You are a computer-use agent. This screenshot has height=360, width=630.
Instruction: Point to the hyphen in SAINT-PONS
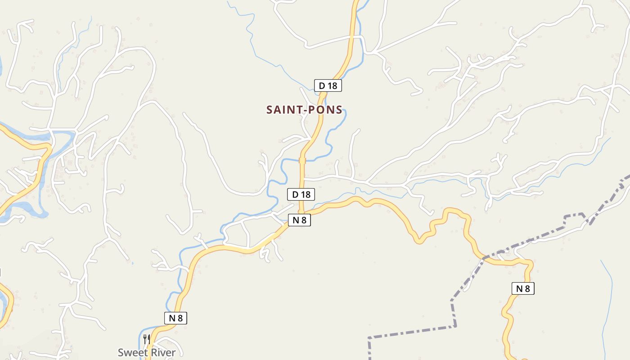pos(304,110)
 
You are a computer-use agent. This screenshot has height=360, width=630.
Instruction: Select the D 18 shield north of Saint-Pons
pos(328,85)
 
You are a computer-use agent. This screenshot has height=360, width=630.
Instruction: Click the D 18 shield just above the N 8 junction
pos(301,194)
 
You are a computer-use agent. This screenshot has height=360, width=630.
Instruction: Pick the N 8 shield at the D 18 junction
pos(299,220)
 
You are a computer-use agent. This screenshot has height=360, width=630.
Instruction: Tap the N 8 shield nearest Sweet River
pos(175,318)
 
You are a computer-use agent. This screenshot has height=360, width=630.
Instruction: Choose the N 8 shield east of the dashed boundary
pos(523,288)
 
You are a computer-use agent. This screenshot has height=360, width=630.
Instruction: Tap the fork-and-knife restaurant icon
pos(146,339)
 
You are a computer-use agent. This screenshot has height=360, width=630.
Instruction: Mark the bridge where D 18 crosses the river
pos(302,160)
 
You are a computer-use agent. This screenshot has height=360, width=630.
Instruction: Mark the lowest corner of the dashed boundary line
pos(369,337)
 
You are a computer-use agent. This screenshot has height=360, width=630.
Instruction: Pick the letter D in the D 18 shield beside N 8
pos(295,194)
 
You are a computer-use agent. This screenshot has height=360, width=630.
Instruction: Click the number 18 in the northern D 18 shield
pos(333,85)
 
